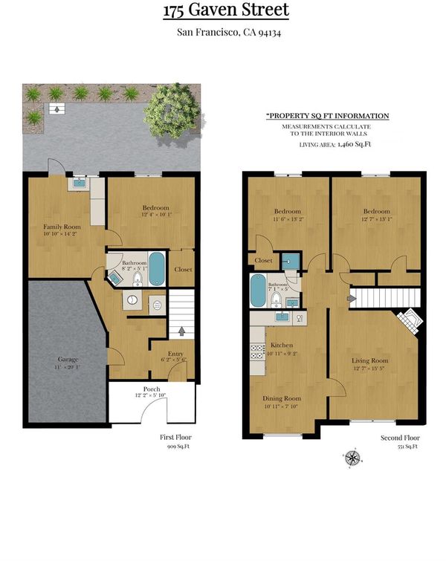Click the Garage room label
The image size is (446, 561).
click(x=68, y=359)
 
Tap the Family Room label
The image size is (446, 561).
click(x=62, y=227)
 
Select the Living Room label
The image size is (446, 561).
click(x=369, y=360)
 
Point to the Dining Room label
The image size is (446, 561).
click(x=282, y=398)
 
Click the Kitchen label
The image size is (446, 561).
click(x=282, y=346)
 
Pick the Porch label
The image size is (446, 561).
click(x=152, y=389)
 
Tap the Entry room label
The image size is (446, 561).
click(x=175, y=354)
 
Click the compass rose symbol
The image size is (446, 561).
click(x=352, y=458)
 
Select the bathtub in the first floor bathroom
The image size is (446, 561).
click(x=156, y=269)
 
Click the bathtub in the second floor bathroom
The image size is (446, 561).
click(x=258, y=291)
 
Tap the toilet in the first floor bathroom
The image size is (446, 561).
click(x=138, y=279)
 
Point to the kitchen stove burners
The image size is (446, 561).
click(x=257, y=351)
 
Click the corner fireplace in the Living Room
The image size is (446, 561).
click(x=410, y=321)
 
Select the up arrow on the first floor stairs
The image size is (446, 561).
click(x=181, y=331)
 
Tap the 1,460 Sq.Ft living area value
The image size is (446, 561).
click(x=354, y=144)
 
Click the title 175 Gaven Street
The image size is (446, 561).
click(x=226, y=10)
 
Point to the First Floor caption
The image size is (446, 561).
click(x=175, y=437)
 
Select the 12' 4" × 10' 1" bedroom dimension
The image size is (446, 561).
click(x=157, y=215)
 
